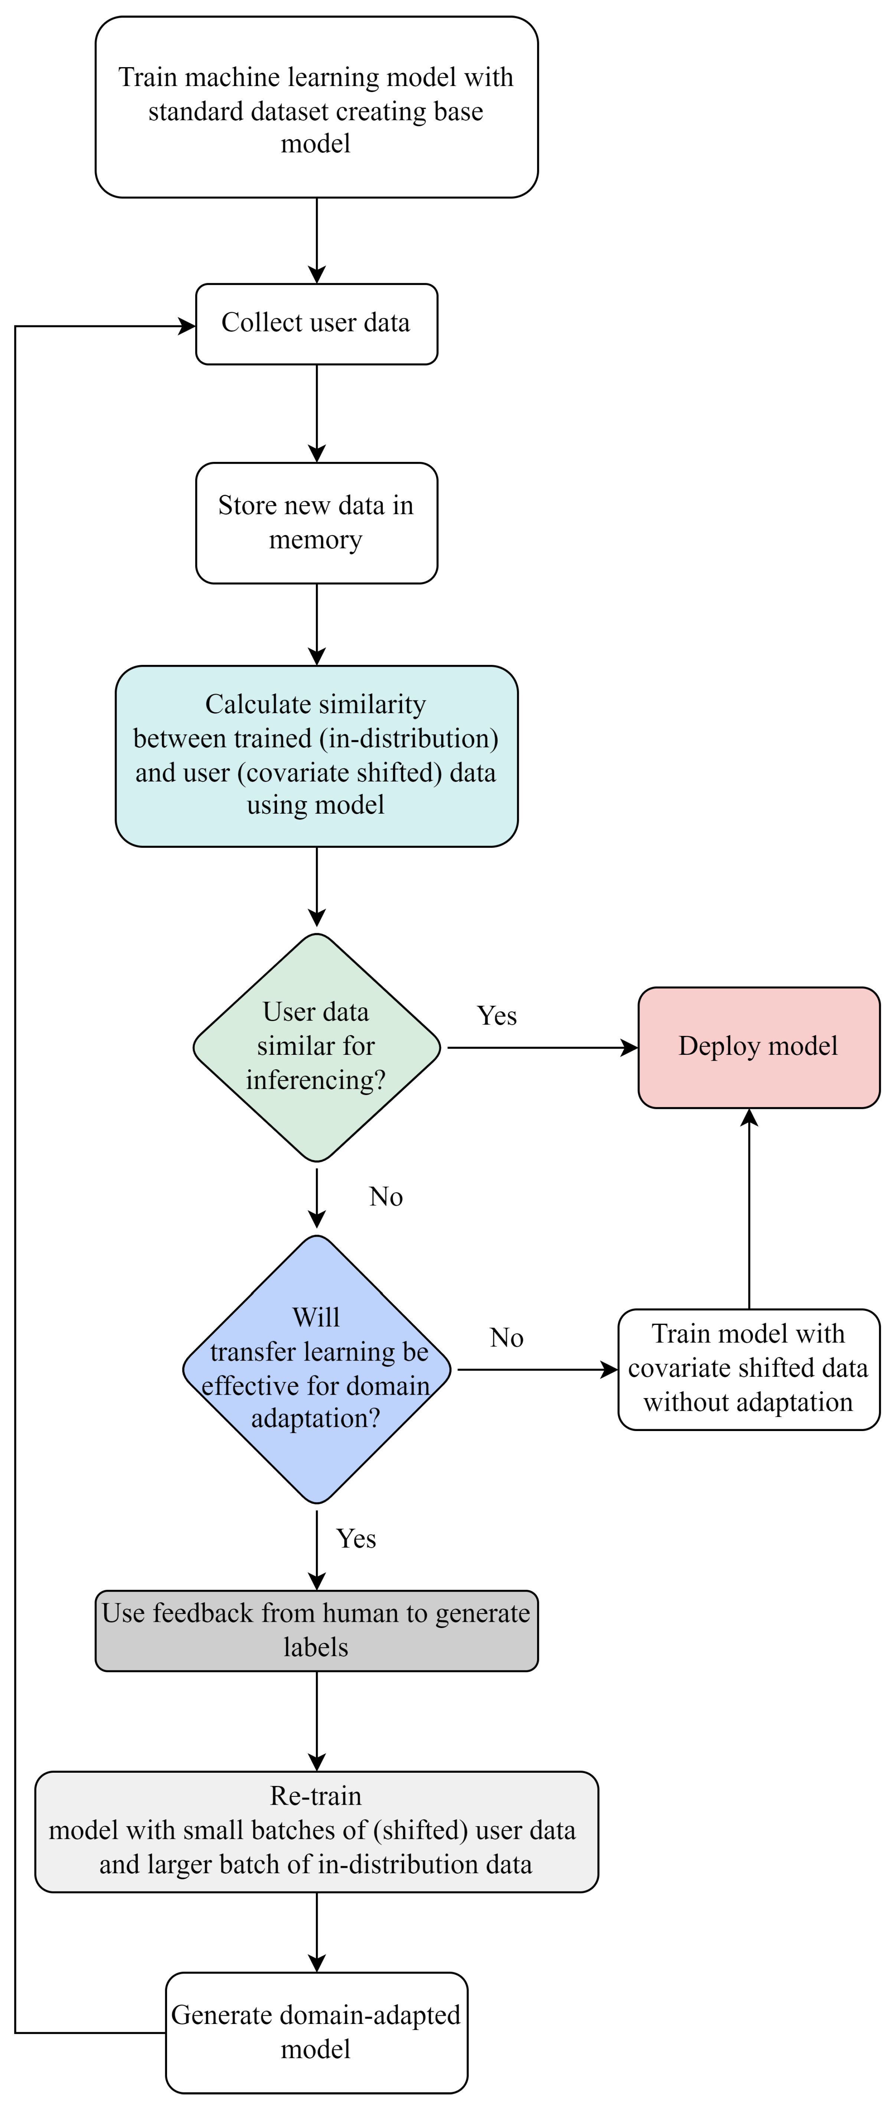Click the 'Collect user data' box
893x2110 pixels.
(x=316, y=324)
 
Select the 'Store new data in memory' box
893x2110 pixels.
(x=316, y=523)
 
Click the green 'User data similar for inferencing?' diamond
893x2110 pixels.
(x=316, y=1047)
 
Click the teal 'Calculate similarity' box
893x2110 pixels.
(x=316, y=755)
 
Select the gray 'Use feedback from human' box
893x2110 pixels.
(x=316, y=1630)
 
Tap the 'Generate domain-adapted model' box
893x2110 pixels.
(x=316, y=2031)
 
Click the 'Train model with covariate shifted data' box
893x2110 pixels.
(x=748, y=1369)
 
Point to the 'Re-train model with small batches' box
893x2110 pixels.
(x=316, y=1831)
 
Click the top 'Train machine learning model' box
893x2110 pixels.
(x=316, y=107)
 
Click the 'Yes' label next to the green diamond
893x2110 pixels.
(x=497, y=1016)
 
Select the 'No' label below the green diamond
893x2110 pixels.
(x=386, y=1197)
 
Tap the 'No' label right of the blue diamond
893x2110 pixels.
(x=506, y=1338)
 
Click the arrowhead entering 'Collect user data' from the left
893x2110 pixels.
(x=187, y=327)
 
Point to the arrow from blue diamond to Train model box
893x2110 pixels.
(x=537, y=1369)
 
